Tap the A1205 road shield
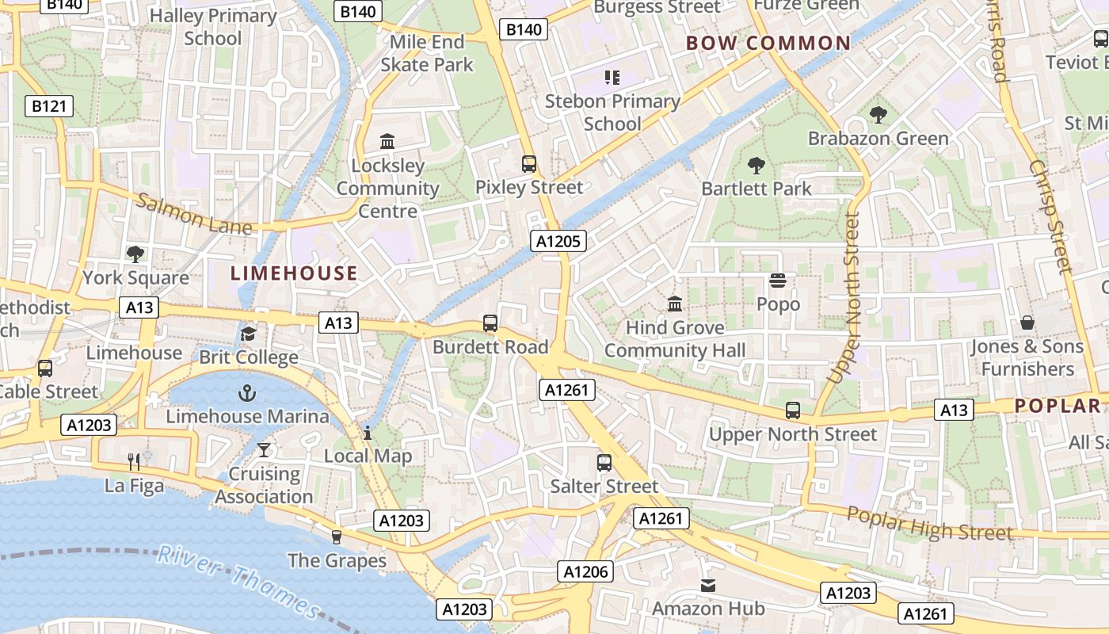pyautogui.click(x=558, y=241)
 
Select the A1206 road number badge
pyautogui.click(x=585, y=571)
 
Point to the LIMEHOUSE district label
pyautogui.click(x=294, y=273)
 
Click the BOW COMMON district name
pyautogui.click(x=768, y=44)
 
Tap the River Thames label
pyautogui.click(x=238, y=581)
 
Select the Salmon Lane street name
pyautogui.click(x=194, y=214)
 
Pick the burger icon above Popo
pyautogui.click(x=778, y=281)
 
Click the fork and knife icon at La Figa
pyautogui.click(x=134, y=461)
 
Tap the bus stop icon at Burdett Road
pyautogui.click(x=490, y=323)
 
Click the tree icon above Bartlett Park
pyautogui.click(x=756, y=165)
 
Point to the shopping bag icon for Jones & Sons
pyautogui.click(x=1027, y=323)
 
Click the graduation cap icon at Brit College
pyautogui.click(x=249, y=334)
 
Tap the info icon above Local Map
pyautogui.click(x=368, y=433)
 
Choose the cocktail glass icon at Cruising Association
pyautogui.click(x=264, y=450)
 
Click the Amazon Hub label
pyautogui.click(x=708, y=609)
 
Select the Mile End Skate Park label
pyautogui.click(x=427, y=53)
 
